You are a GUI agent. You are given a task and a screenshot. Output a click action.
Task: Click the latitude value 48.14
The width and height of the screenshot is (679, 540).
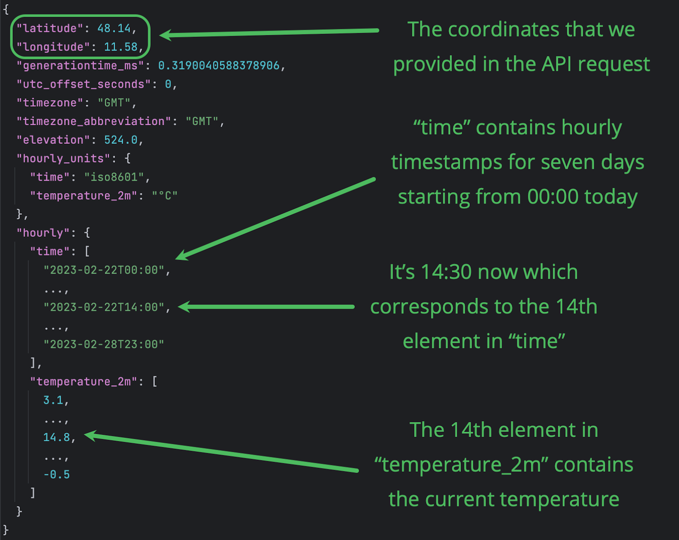[114, 28]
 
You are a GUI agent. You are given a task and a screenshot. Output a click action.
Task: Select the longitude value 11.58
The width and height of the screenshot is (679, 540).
[121, 47]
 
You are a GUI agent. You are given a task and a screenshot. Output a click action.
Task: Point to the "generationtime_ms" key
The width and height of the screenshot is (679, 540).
[80, 66]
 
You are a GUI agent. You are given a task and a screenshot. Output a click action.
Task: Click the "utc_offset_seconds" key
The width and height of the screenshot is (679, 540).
[84, 84]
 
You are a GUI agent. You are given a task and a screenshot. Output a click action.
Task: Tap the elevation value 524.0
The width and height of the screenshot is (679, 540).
[121, 140]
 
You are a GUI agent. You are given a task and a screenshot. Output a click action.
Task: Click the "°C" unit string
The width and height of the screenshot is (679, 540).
[165, 196]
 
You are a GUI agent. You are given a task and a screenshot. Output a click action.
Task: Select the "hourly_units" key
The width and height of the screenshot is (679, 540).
[64, 159]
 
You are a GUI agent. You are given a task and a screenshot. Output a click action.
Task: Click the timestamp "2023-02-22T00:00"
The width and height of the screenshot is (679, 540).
[104, 270]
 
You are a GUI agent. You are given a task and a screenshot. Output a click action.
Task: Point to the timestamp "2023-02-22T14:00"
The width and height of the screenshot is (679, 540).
[104, 307]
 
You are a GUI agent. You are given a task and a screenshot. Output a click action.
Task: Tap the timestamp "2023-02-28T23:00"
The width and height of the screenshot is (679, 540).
[104, 344]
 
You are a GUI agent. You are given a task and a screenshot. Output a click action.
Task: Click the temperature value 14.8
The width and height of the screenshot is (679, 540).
[56, 437]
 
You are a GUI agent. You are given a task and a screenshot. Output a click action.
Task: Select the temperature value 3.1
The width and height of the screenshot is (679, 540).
[53, 400]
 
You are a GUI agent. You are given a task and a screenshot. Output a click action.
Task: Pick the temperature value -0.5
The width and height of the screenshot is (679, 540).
[56, 474]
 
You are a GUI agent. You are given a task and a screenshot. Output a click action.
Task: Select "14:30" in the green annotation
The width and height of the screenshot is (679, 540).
[446, 272]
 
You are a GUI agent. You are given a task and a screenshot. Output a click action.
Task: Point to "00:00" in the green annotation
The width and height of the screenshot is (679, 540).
[553, 197]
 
